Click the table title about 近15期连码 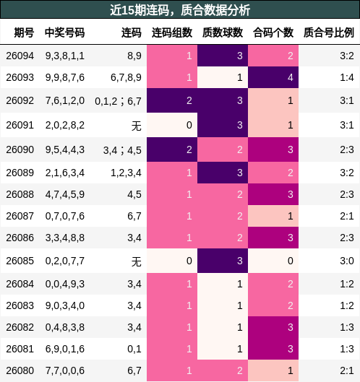(x=180, y=10)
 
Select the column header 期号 (x=24, y=33)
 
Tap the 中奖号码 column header (x=64, y=33)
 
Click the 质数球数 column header (x=222, y=33)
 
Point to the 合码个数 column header (x=273, y=33)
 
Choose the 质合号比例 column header (x=328, y=33)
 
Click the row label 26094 (x=20, y=56)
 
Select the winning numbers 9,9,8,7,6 (x=64, y=77)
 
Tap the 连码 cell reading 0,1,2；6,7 (x=118, y=101)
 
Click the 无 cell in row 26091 (x=136, y=125)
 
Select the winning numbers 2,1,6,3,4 (x=64, y=173)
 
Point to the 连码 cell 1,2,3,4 (x=126, y=173)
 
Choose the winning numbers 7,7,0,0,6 (x=64, y=370)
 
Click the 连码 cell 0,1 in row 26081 (x=134, y=349)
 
